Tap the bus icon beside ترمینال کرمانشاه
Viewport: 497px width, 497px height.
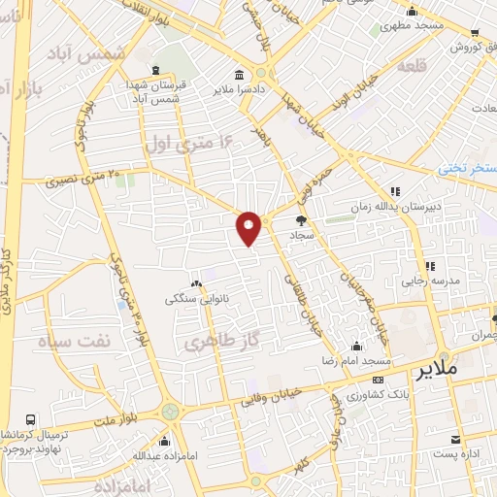point(31,419)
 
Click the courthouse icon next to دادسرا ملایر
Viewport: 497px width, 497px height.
point(239,76)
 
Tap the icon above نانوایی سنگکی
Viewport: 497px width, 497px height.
point(197,283)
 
